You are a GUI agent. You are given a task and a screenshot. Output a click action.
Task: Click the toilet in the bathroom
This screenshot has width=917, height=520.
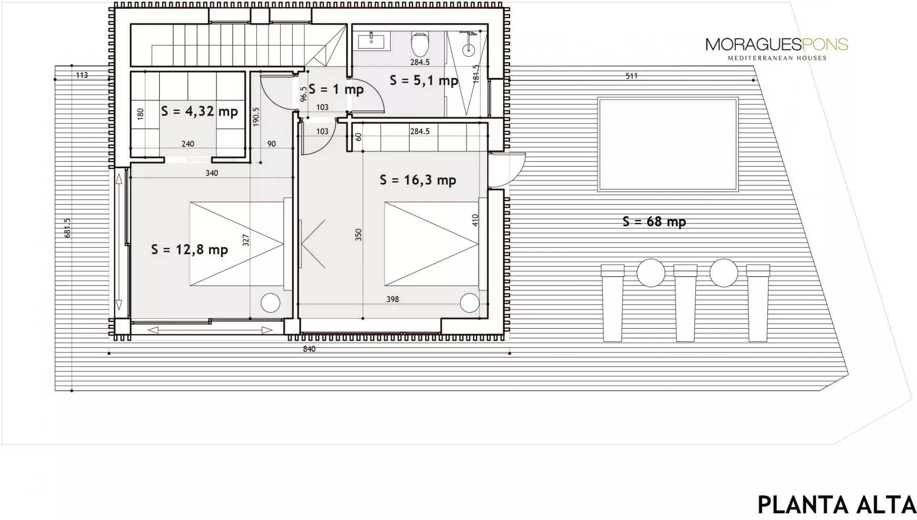pos(420,44)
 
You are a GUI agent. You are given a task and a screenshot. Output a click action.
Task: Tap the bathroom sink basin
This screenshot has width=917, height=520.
pos(371,41)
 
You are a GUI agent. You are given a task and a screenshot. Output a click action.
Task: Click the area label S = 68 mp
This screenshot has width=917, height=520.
pos(654,222)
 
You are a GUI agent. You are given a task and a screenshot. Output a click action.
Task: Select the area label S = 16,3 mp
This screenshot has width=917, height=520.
pos(418,180)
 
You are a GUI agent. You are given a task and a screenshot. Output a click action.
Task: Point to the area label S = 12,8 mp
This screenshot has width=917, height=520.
pos(190,249)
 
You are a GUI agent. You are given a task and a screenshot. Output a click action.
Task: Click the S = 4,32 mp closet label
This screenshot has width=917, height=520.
pos(199,111)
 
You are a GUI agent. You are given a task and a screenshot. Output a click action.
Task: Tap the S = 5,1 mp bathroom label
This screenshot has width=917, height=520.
pos(424,80)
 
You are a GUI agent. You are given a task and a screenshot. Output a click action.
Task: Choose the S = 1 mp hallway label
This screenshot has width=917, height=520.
pos(336,89)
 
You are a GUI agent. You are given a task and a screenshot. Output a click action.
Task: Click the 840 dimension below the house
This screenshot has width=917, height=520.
pos(309,349)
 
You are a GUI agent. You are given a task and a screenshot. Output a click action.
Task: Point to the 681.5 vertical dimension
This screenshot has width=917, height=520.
pos(67,228)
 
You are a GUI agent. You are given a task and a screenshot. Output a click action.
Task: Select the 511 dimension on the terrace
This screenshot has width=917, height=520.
pos(631,76)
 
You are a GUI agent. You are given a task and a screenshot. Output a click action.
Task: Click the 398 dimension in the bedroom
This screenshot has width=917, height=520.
pos(393,299)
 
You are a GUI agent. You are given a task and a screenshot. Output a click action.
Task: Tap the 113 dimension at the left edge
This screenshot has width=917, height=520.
pos(82,75)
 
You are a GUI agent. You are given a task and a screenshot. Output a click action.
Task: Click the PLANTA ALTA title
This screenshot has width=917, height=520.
pos(837,505)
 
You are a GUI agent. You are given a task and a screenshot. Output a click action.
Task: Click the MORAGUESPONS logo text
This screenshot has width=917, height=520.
pos(777,45)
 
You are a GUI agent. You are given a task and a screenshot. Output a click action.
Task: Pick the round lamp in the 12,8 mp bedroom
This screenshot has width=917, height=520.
pos(270,303)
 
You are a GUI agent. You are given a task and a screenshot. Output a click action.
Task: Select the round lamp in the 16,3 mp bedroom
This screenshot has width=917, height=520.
pos(469,303)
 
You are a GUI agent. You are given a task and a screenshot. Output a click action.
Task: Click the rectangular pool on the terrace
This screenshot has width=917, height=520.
pos(668,144)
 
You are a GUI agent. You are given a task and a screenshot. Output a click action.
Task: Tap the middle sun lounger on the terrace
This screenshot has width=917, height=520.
pos(685,303)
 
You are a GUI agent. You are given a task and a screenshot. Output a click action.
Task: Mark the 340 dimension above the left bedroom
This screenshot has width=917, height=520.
pos(212,173)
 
